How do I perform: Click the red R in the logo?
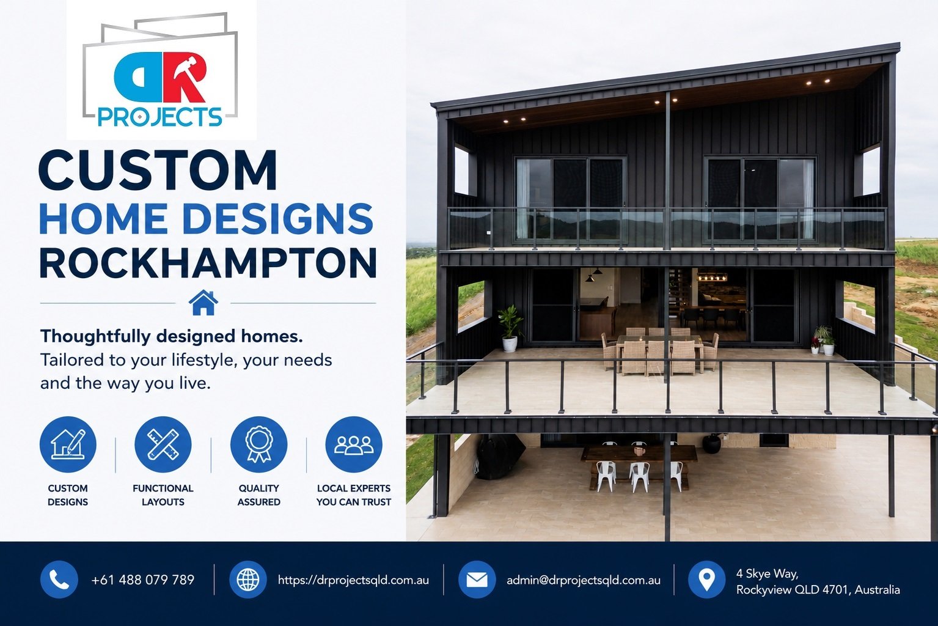[x=185, y=78]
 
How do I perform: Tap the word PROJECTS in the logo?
[x=159, y=117]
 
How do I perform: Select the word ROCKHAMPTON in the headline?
[x=208, y=262]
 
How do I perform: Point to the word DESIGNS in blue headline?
[x=277, y=218]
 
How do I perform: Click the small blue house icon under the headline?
[x=203, y=303]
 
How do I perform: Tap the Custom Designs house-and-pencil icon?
[x=68, y=444]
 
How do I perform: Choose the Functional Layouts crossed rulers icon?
[x=163, y=444]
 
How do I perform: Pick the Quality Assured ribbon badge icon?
[x=258, y=444]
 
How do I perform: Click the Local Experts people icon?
[x=354, y=444]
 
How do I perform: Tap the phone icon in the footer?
[x=59, y=580]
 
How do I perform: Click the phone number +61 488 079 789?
[x=143, y=580]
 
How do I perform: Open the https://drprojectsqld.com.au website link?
[x=353, y=580]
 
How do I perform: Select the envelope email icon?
[x=477, y=580]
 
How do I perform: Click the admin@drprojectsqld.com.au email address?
[x=584, y=580]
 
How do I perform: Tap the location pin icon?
[x=707, y=580]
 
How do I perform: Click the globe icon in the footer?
[x=248, y=580]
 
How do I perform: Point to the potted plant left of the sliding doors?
[x=510, y=328]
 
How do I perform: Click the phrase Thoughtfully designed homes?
[x=171, y=336]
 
